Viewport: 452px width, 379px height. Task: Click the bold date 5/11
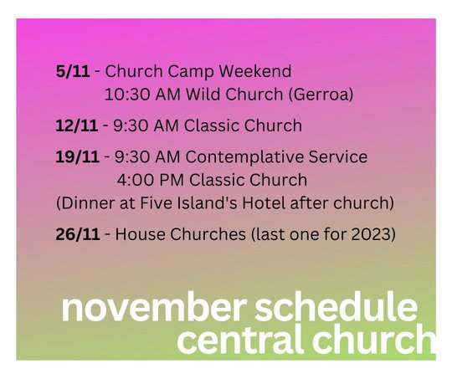[x=73, y=71]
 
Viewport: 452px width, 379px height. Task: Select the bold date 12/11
[x=76, y=125]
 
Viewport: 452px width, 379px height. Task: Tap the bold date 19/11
[x=77, y=156]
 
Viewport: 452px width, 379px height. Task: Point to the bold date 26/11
[x=78, y=234]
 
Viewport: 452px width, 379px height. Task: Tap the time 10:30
[x=127, y=95]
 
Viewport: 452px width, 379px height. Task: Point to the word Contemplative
[x=244, y=157]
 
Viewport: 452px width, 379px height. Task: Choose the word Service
[x=338, y=156]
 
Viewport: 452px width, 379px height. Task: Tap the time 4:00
[x=136, y=180]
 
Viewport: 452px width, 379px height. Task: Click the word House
[x=140, y=234]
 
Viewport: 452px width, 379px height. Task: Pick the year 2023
[x=370, y=234]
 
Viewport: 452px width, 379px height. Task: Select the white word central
[x=240, y=339]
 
